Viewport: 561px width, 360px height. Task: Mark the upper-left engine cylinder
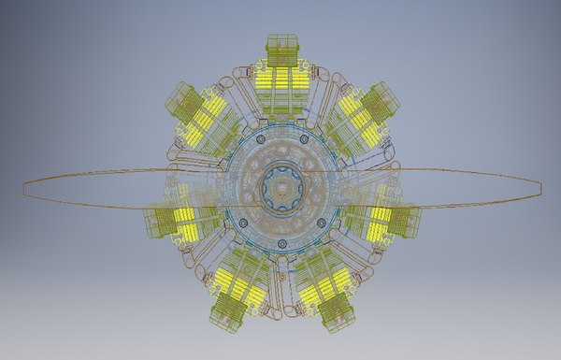198,117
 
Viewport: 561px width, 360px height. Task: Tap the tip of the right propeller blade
539,184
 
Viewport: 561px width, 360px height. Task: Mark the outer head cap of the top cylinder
281,45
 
